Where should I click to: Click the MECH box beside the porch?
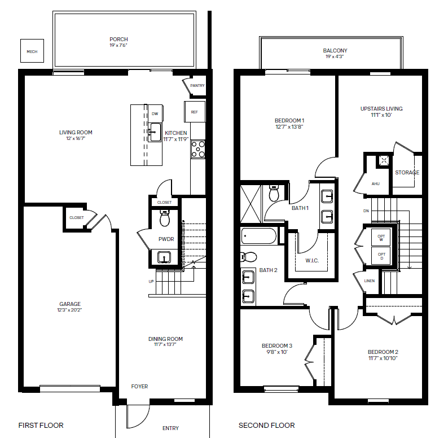click(32, 51)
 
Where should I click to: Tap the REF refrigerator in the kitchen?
click(195, 112)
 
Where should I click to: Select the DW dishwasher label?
click(155, 113)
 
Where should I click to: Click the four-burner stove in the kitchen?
click(198, 149)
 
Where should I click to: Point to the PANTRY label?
click(197, 85)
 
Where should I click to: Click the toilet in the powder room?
click(165, 218)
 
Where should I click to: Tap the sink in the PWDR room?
click(164, 257)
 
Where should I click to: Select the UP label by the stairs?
click(151, 281)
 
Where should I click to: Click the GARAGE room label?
click(70, 304)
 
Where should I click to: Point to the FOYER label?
click(139, 386)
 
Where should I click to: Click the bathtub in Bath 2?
click(259, 236)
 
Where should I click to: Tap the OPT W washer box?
click(381, 238)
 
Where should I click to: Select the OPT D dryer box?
click(381, 256)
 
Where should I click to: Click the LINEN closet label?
click(370, 281)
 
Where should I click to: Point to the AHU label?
click(376, 183)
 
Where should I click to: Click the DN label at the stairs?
click(366, 211)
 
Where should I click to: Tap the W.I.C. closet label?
click(312, 261)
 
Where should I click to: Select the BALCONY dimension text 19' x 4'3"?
click(335, 56)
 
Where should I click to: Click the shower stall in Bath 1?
click(251, 204)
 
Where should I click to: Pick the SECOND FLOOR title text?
click(267, 426)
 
